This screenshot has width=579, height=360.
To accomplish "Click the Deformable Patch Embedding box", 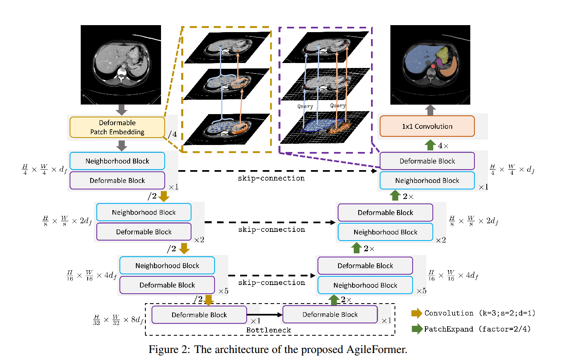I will click(x=117, y=127).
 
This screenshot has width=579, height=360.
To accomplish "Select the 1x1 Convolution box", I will click(x=427, y=126).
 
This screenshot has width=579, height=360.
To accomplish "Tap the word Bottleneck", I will click(x=268, y=330).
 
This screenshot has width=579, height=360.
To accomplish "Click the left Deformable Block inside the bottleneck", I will click(x=199, y=315).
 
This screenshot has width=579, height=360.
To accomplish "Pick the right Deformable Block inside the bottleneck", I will click(x=330, y=315).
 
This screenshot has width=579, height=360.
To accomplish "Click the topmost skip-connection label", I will click(x=271, y=178).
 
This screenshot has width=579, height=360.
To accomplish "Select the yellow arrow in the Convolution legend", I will click(x=417, y=313).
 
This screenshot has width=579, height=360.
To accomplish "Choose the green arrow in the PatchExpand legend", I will click(x=417, y=329).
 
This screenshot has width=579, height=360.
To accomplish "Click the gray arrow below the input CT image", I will click(x=121, y=110).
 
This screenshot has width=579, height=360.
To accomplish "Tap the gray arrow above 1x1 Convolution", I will click(x=430, y=110).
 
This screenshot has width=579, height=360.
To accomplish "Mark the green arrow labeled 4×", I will click(x=430, y=145).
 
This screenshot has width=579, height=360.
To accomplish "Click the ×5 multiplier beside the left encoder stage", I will click(x=224, y=291).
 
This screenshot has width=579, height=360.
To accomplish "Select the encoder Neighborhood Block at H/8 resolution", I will click(x=144, y=213).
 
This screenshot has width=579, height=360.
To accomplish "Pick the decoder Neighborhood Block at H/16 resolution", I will click(x=365, y=285).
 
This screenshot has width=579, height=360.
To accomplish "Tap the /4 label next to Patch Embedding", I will click(x=173, y=134).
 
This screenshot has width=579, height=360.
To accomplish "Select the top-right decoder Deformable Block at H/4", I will click(x=427, y=161).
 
